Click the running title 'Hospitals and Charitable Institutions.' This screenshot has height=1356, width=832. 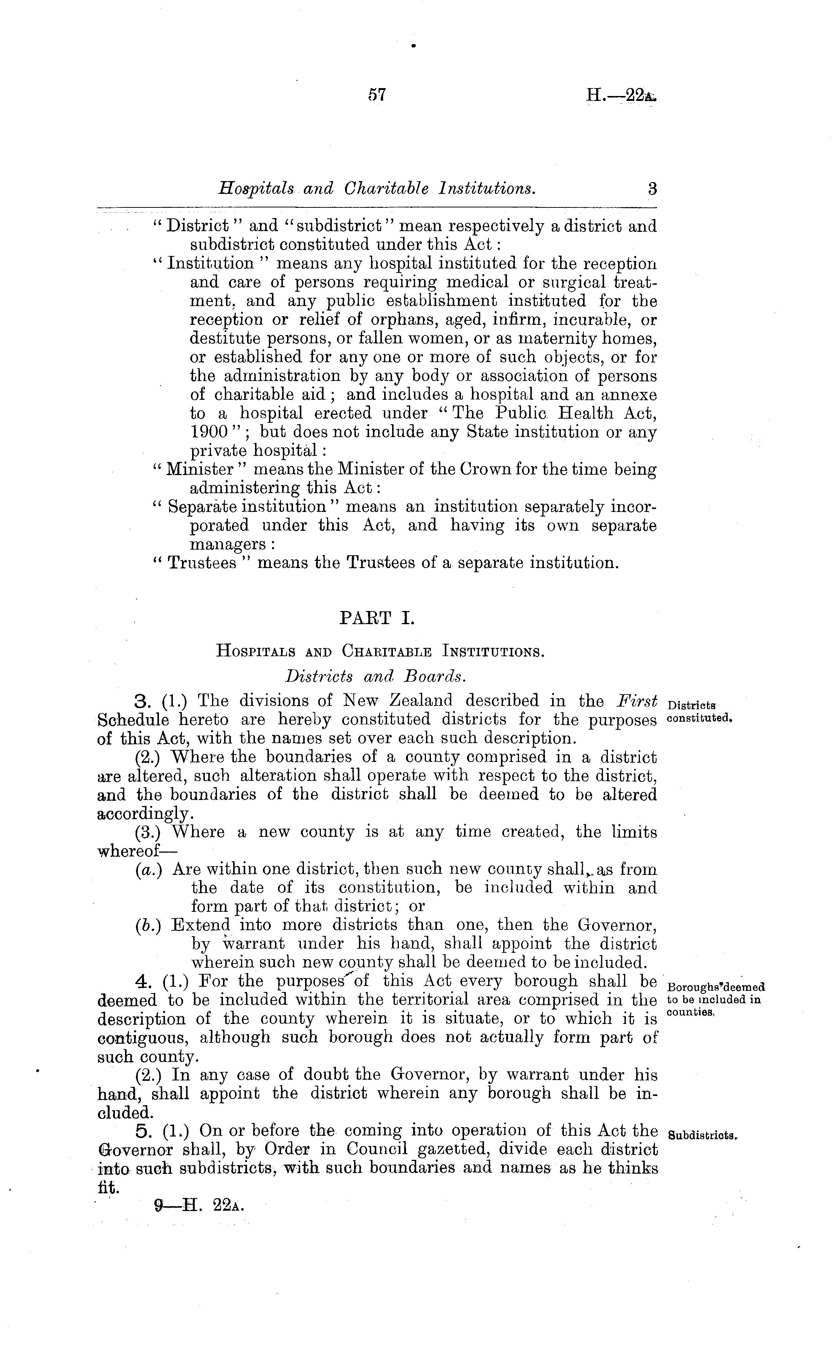pos(377,189)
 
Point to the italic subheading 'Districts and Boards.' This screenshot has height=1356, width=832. pos(377,676)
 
